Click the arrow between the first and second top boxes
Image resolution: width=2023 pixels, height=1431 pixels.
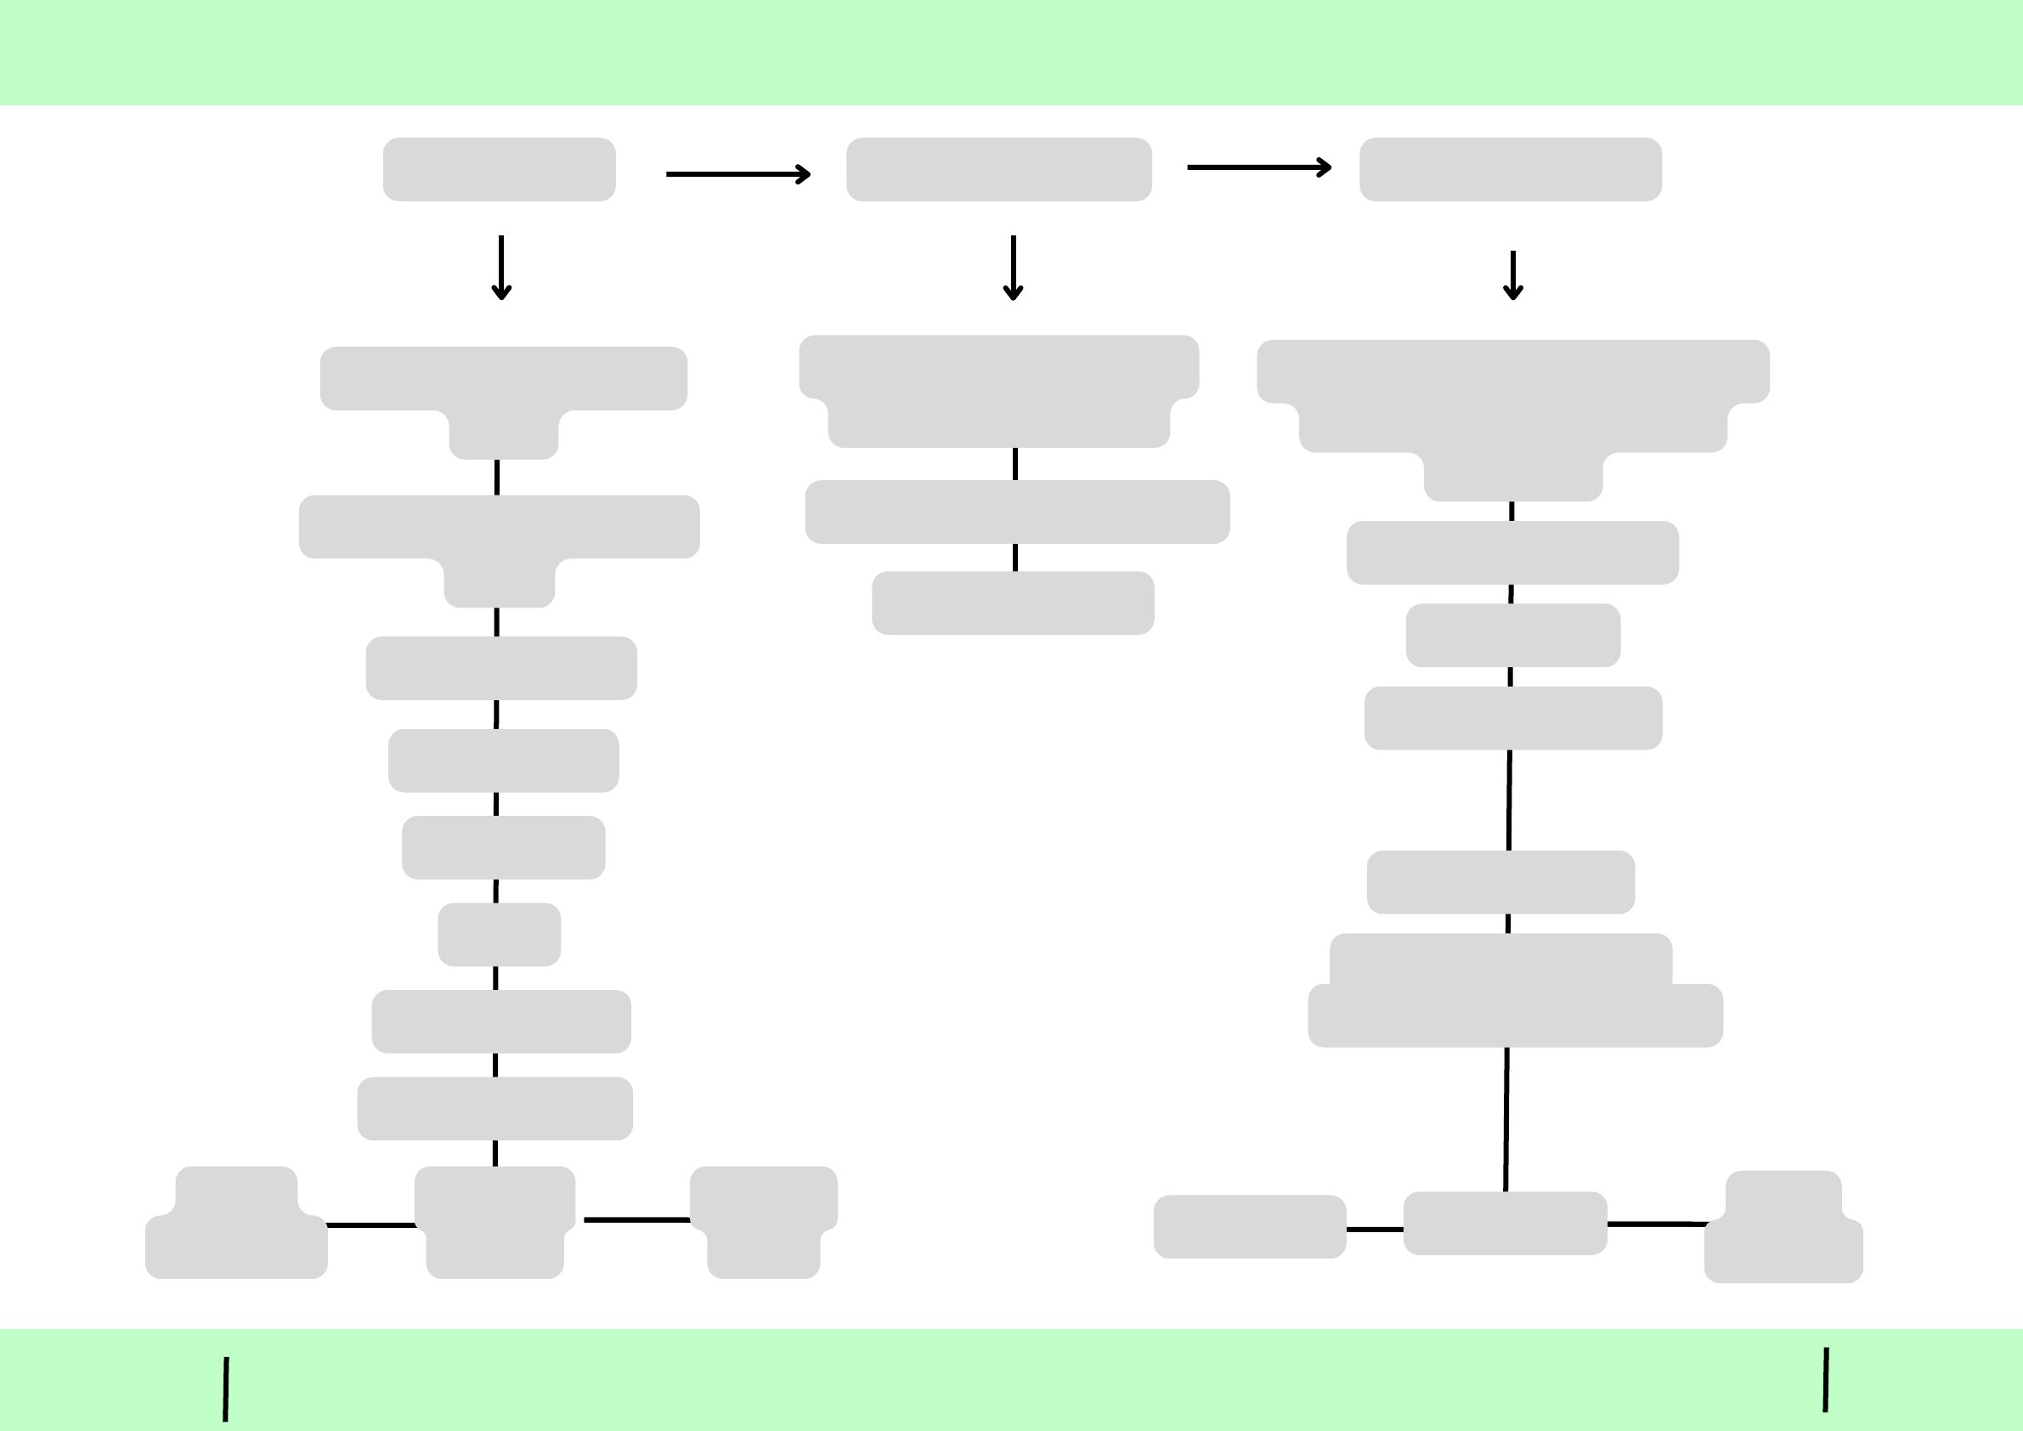point(737,174)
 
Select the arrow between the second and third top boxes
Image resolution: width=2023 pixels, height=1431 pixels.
point(1258,167)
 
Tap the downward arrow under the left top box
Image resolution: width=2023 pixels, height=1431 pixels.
point(501,268)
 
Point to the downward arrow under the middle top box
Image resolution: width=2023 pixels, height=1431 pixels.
point(1014,268)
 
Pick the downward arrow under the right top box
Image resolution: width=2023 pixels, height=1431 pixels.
point(1513,276)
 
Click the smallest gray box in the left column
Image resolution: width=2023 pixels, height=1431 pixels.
point(499,935)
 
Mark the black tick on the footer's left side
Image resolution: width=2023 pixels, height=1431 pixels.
point(225,1389)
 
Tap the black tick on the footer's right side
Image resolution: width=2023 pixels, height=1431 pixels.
point(1826,1380)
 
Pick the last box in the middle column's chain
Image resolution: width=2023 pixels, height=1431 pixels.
point(1013,602)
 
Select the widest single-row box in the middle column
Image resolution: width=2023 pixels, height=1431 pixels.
point(1017,512)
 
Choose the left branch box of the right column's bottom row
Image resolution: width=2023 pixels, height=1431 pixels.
point(1249,1226)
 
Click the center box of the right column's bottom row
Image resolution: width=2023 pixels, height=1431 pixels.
point(1505,1223)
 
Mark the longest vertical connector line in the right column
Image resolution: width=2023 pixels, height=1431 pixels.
point(1506,1119)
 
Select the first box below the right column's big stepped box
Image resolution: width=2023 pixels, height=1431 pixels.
point(1512,552)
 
